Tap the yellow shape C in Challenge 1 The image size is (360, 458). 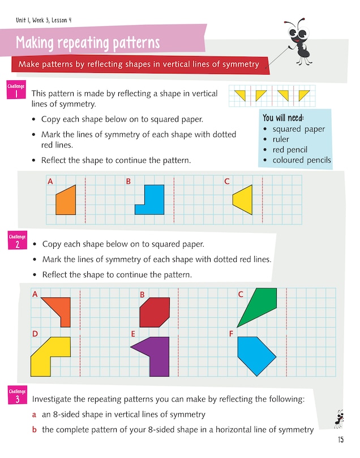[x=244, y=200]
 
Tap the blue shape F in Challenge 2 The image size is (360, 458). [x=254, y=355]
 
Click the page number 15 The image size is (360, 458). [x=340, y=439]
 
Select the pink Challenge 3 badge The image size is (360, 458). [x=17, y=396]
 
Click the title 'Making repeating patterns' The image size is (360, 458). [x=88, y=43]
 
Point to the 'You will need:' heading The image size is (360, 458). [x=283, y=118]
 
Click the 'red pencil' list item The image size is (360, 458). [x=290, y=149]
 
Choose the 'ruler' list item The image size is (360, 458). [x=281, y=139]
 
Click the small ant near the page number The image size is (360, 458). [x=339, y=418]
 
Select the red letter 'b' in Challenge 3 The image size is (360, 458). [x=35, y=430]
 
